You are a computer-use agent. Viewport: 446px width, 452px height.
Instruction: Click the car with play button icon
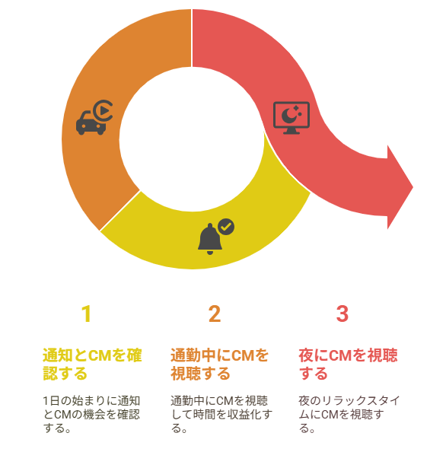coord(94,118)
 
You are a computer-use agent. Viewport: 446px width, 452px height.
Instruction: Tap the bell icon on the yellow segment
coord(210,239)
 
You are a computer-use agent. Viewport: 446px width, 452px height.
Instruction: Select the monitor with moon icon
coord(291,118)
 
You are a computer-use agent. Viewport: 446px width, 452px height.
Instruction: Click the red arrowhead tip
coord(413,187)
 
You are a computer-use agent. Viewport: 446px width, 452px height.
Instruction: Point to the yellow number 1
coord(87,314)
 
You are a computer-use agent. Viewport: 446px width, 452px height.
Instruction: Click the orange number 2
coord(215,314)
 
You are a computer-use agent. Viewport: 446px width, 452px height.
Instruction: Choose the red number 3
coord(342,314)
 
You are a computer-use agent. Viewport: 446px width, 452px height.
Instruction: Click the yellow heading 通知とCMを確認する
coord(92,364)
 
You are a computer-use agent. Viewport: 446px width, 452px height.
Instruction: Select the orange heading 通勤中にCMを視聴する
coord(219,364)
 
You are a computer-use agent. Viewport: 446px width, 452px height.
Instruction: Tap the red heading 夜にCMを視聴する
coord(348,364)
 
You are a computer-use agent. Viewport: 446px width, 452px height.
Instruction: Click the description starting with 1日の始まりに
coord(91,415)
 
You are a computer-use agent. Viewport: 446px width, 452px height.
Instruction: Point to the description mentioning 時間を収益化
coord(221,415)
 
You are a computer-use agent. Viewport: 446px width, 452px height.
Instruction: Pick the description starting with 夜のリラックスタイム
coord(349,415)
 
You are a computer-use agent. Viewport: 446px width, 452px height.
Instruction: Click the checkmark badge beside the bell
coord(226,227)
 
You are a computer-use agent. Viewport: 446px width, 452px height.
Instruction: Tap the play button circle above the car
coord(104,110)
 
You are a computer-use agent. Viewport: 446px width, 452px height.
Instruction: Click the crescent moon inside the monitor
coord(289,116)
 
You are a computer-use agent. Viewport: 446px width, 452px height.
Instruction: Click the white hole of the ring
coord(192,139)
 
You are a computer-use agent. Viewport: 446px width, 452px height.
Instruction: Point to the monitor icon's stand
coord(291,131)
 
